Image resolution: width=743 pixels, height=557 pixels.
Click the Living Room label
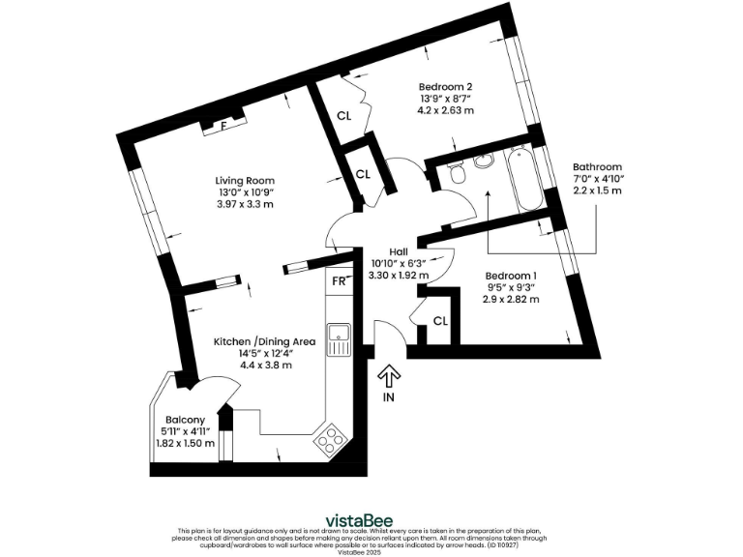[245, 180]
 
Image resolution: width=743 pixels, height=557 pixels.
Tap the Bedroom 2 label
[445, 85]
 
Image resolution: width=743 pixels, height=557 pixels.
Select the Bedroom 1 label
[511, 275]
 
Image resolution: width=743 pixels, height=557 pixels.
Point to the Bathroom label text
[597, 166]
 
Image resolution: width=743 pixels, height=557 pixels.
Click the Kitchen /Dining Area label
[265, 341]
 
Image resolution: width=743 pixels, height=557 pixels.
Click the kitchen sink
[339, 339]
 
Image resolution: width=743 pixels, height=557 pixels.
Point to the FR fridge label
[339, 281]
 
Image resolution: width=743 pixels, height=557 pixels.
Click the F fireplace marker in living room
[223, 126]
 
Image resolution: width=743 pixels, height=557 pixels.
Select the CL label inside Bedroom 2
[344, 116]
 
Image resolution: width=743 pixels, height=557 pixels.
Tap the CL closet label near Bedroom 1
[439, 321]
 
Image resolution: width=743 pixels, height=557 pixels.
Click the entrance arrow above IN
[389, 375]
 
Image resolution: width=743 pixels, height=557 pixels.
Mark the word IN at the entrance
[389, 397]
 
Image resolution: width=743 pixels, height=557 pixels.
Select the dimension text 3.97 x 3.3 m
[245, 205]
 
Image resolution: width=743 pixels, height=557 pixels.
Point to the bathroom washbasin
[484, 160]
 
